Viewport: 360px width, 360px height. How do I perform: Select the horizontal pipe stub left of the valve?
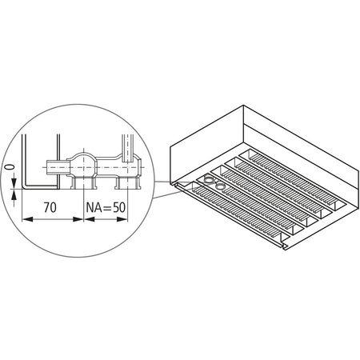point(54,166)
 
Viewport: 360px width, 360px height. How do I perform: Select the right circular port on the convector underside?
point(221,183)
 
